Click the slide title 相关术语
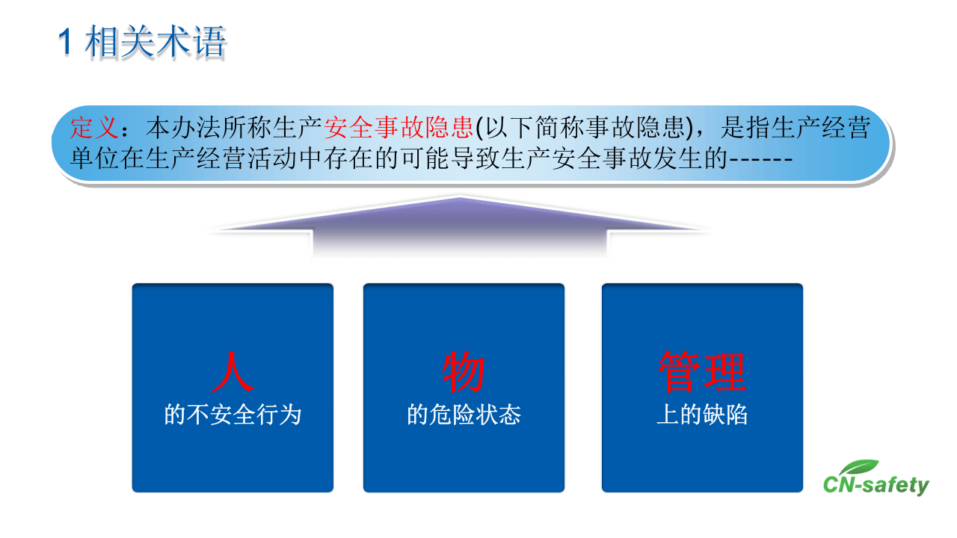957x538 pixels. pos(156,43)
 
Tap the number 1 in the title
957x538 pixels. pos(67,43)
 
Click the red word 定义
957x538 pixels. pos(94,129)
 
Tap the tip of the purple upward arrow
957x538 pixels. pos(458,199)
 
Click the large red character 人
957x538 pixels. pos(233,372)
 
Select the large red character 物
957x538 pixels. pos(464,372)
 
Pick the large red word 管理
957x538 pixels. pos(702,372)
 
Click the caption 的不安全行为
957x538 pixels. pos(233,415)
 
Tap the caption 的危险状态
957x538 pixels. pos(464,415)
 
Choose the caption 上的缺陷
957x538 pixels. pos(702,415)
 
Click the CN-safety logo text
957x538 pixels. pos(876,486)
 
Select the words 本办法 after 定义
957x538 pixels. pos(183,129)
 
